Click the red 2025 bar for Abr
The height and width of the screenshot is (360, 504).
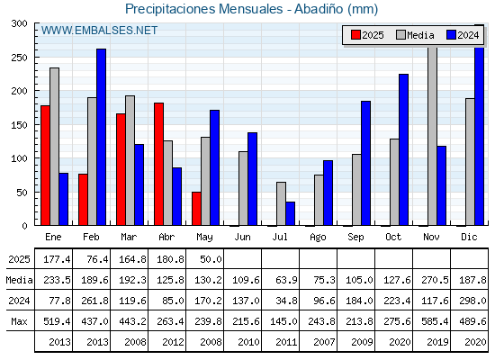tap(158, 164)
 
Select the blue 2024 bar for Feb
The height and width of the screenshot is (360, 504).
tap(101, 137)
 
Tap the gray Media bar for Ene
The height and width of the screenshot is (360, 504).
tap(54, 147)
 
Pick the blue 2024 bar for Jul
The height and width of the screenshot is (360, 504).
tap(290, 213)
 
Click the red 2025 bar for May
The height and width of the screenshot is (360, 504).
tap(196, 209)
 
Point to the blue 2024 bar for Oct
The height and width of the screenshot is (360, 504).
tap(404, 149)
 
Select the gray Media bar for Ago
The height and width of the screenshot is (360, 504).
tap(319, 200)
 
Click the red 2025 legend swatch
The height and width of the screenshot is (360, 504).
tap(355, 35)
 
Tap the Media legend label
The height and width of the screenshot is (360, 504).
tap(420, 35)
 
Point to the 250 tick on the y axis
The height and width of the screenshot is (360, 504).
tap(36, 58)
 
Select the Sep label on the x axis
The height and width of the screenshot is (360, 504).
tap(355, 238)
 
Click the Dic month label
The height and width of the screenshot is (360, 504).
tap(469, 237)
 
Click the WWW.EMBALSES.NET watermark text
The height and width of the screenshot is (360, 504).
tap(99, 31)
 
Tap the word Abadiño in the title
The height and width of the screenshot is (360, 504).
tap(319, 9)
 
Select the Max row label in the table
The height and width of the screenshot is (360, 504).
tap(19, 321)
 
